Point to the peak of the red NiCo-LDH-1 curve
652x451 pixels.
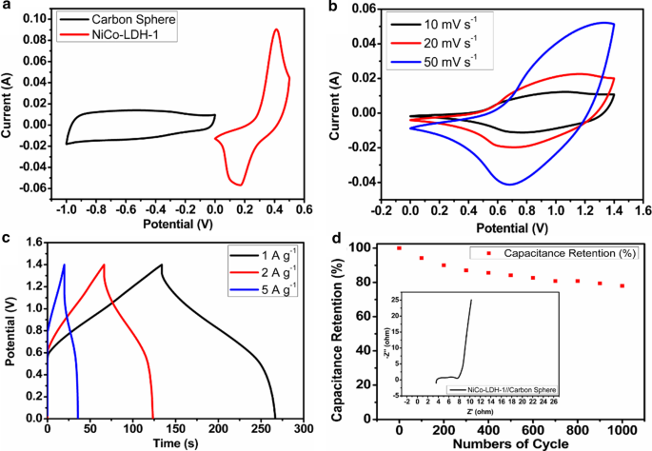pyautogui.click(x=276, y=29)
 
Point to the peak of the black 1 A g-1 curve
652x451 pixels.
pyautogui.click(x=161, y=265)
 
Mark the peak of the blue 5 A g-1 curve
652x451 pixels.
pyautogui.click(x=64, y=265)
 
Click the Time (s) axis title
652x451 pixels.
pyautogui.click(x=175, y=442)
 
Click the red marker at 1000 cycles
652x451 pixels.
pyautogui.click(x=622, y=285)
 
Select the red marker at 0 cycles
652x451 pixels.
pyautogui.click(x=399, y=247)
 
